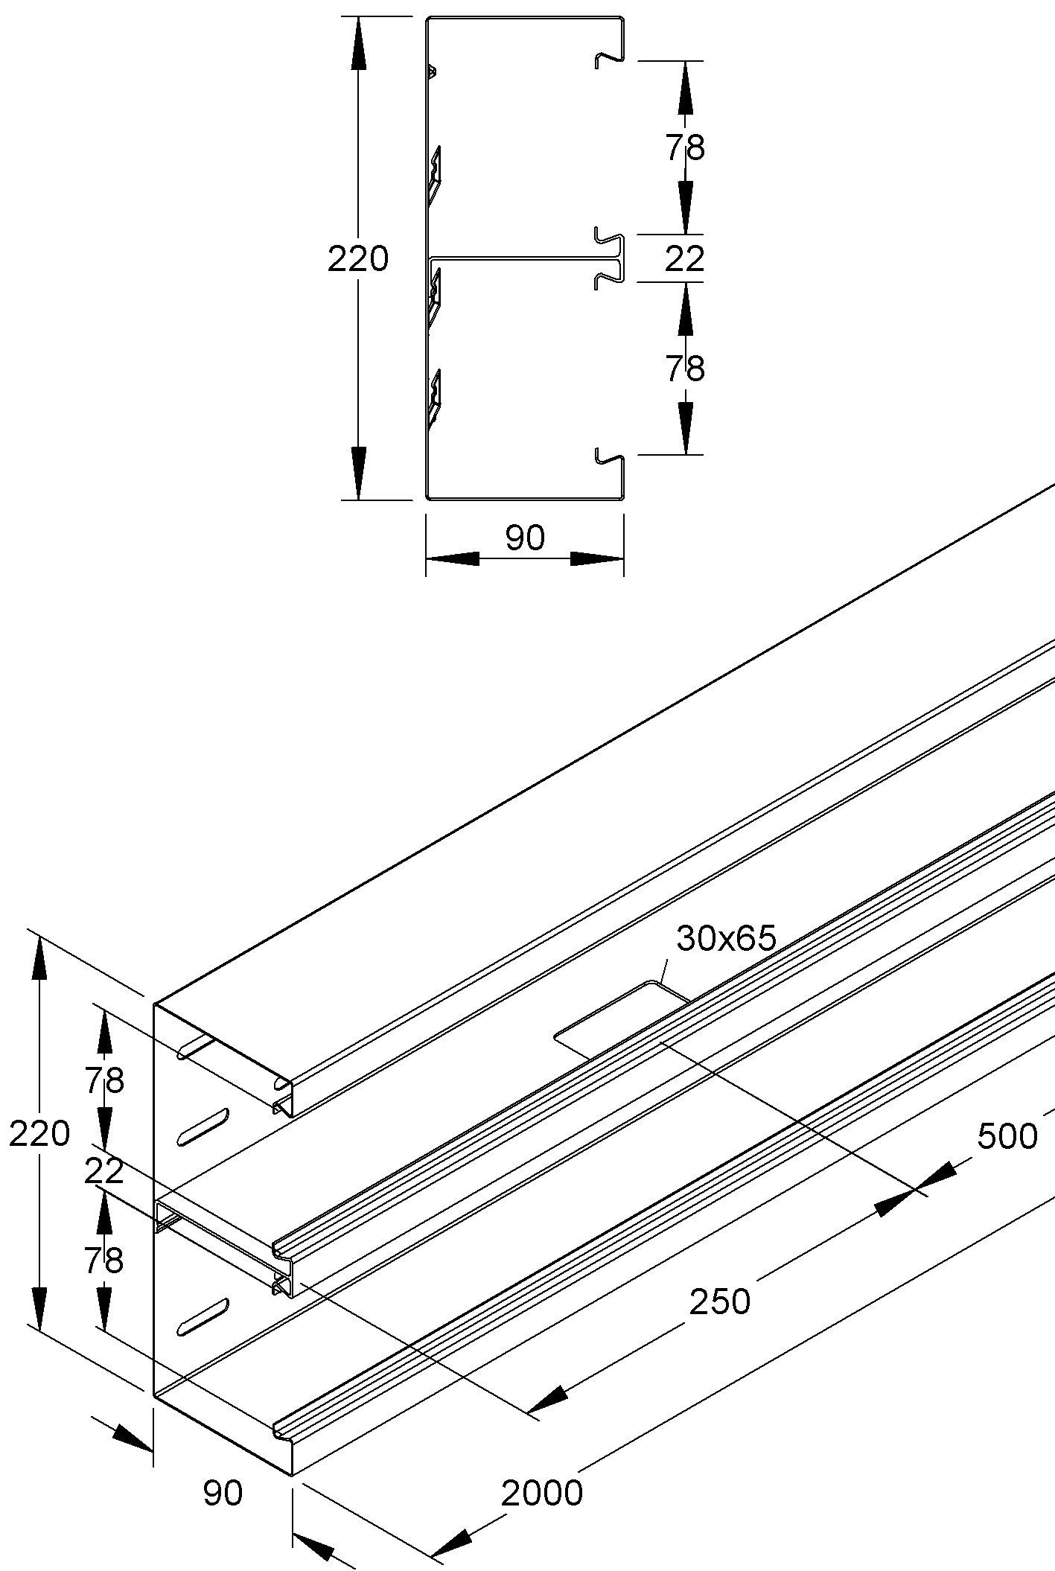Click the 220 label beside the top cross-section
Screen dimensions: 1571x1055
pos(358,259)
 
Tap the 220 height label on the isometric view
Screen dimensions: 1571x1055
pos(39,1133)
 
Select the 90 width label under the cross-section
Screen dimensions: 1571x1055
pos(525,538)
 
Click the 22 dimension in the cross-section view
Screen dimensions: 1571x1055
pos(684,259)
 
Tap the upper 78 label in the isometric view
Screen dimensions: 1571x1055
pos(103,1081)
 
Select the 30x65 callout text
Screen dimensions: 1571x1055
pos(726,939)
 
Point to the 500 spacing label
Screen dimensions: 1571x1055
pos(1007,1136)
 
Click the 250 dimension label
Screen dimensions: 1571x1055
pos(719,1302)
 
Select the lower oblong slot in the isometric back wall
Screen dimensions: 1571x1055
pos(202,1316)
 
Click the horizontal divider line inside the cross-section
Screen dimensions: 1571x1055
pos(521,258)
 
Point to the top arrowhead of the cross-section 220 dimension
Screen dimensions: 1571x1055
pos(358,37)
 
